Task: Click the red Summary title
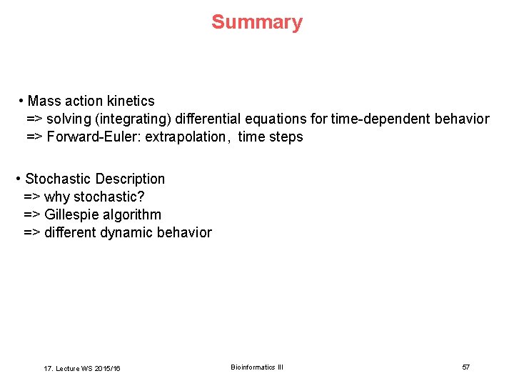point(256,22)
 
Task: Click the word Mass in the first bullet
point(44,101)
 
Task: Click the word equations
point(287,119)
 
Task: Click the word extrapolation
point(187,137)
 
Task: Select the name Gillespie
point(71,214)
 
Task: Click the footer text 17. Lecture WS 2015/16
point(82,368)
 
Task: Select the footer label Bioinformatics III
point(257,367)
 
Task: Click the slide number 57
point(465,367)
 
